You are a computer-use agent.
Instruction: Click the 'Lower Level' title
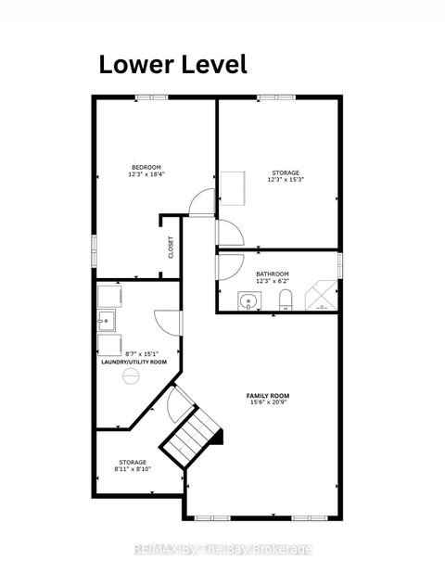coord(173,64)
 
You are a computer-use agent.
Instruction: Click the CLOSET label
coord(171,247)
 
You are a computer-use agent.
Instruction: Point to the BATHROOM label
coord(273,274)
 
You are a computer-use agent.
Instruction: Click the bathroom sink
coord(248,300)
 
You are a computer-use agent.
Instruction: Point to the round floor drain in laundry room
coord(132,375)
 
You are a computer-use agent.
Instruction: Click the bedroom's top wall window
coord(149,97)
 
